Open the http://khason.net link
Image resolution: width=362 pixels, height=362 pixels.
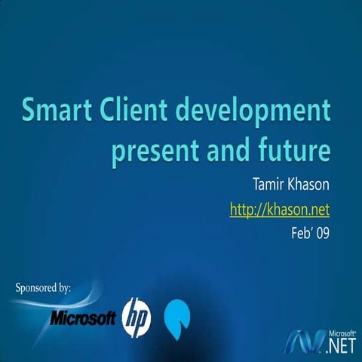click(280, 208)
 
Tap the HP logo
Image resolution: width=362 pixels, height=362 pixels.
click(137, 316)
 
